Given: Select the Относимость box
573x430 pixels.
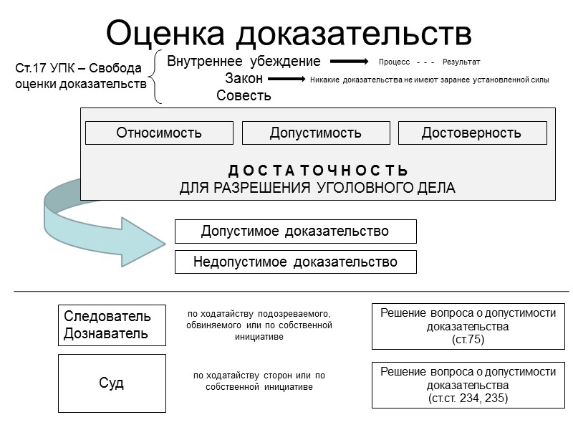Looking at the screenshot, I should (x=159, y=133).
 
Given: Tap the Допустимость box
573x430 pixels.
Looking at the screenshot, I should (x=316, y=133).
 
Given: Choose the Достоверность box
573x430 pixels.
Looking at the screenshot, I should (x=472, y=133).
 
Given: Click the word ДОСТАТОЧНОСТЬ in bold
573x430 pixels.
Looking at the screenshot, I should (x=318, y=171).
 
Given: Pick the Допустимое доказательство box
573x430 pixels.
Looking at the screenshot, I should (x=295, y=231).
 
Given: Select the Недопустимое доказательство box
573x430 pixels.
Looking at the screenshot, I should (x=295, y=262).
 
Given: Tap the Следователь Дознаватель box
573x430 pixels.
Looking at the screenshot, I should (x=112, y=325).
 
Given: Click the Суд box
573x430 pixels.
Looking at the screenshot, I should (x=112, y=383).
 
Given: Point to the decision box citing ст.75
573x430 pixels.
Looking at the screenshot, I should (x=468, y=326).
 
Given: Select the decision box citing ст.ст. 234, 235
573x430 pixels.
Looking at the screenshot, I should (x=468, y=385).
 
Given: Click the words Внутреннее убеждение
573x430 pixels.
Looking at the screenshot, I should (x=244, y=62).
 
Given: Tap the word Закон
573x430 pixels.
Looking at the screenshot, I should (x=244, y=79).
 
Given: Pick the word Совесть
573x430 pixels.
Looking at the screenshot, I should (x=244, y=95).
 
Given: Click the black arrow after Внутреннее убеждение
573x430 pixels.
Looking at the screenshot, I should (x=348, y=62).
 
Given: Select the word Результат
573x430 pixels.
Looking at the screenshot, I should (x=461, y=62).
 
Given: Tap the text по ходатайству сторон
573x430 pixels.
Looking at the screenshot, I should (x=259, y=376).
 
